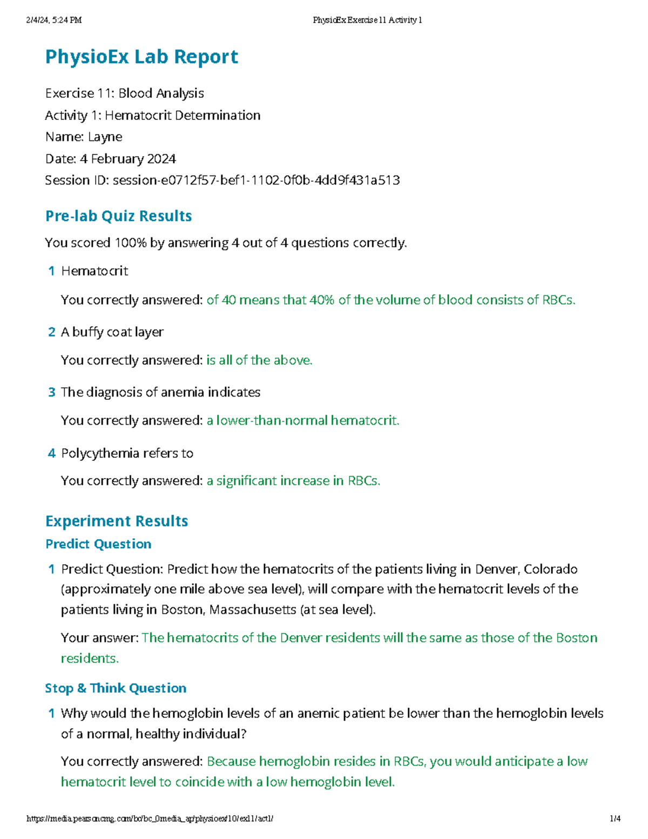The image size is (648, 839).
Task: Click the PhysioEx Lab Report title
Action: tap(141, 57)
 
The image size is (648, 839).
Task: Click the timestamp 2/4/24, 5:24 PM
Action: tap(54, 21)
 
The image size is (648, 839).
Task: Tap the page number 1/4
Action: tap(615, 818)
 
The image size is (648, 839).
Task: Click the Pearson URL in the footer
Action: tap(150, 818)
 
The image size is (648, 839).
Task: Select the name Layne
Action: tap(105, 137)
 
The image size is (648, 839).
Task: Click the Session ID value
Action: tap(256, 180)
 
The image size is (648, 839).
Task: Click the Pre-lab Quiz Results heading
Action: tap(118, 216)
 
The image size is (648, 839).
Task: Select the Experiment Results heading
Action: tap(117, 521)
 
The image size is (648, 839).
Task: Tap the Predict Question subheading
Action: tap(98, 544)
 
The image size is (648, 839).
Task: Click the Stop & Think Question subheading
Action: tap(116, 688)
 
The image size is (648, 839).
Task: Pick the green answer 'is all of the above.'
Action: tap(259, 360)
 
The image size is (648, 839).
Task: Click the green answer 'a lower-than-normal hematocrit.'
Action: tap(303, 421)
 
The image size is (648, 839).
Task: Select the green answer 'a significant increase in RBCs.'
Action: tap(293, 481)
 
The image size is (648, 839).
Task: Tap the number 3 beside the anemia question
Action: tap(52, 393)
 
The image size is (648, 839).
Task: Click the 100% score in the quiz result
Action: tap(131, 243)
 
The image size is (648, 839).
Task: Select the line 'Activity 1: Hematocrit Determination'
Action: tap(153, 116)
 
